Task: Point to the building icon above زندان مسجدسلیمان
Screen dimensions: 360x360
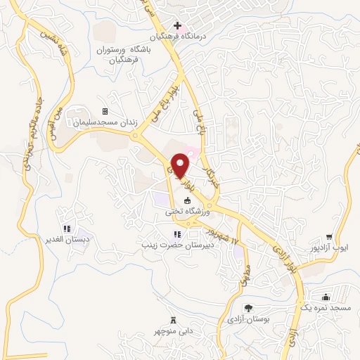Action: click(105, 111)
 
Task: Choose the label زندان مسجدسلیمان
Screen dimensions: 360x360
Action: click(105, 122)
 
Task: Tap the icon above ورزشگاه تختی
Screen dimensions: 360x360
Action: click(176, 201)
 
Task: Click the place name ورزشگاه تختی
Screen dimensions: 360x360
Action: click(177, 211)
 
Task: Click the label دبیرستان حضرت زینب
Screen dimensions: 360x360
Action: click(174, 245)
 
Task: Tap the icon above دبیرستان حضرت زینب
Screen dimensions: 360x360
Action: click(175, 235)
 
